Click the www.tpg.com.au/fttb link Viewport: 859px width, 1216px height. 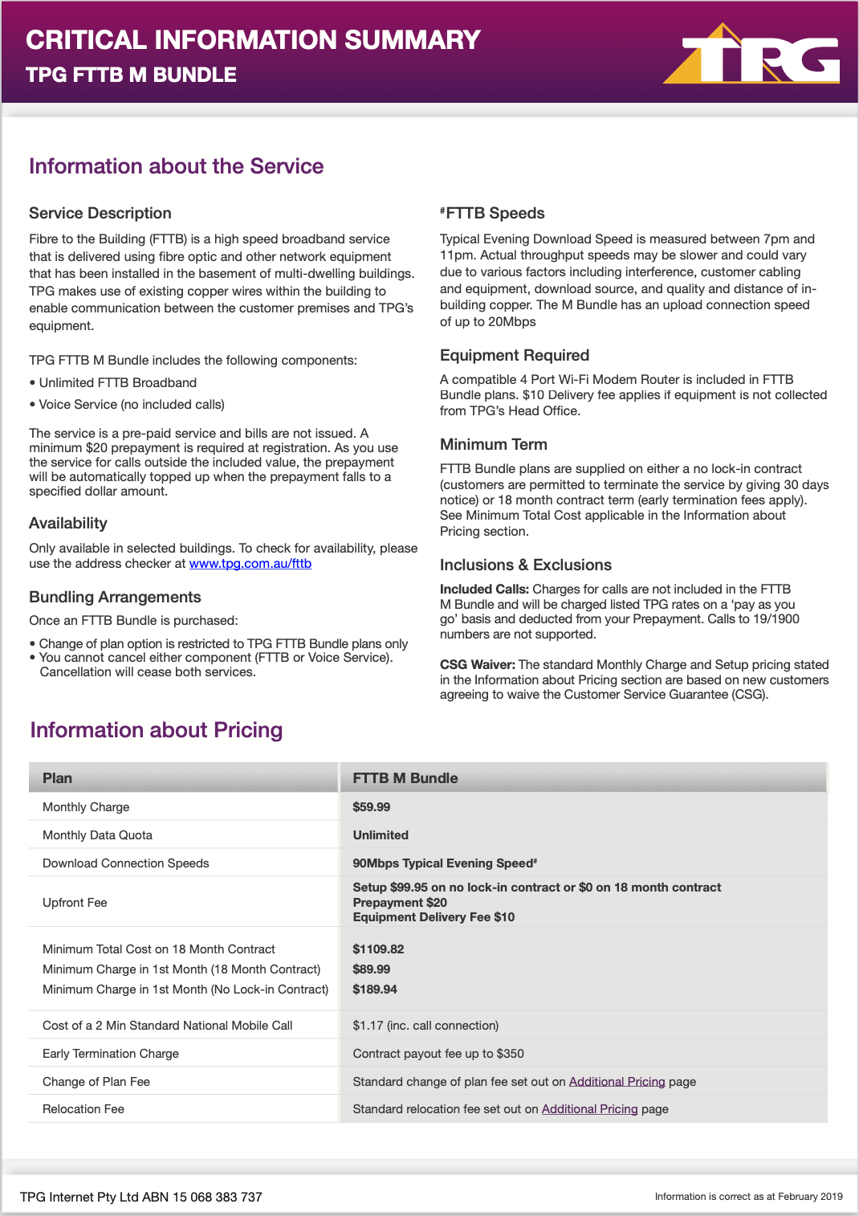click(x=250, y=564)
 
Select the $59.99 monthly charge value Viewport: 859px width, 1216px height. click(x=371, y=807)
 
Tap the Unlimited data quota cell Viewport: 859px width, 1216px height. click(x=381, y=835)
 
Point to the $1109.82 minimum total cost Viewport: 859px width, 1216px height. click(x=378, y=949)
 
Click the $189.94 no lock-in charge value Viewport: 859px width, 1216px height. click(x=375, y=990)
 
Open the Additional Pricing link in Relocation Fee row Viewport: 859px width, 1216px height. click(x=589, y=1109)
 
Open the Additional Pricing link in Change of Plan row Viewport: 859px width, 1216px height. click(x=617, y=1082)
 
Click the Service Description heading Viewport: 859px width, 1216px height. click(x=100, y=214)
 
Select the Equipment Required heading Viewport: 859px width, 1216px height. click(x=515, y=356)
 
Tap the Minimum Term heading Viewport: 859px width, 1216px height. click(x=494, y=445)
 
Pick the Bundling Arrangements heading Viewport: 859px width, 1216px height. click(x=115, y=598)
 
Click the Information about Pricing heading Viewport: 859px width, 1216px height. click(x=157, y=730)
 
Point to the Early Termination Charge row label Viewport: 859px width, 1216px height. click(x=111, y=1054)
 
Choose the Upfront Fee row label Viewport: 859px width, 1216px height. click(x=75, y=903)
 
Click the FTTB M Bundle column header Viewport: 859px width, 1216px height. click(x=405, y=778)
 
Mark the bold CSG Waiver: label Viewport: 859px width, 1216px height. click(x=477, y=665)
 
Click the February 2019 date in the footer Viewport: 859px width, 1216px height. click(x=810, y=1197)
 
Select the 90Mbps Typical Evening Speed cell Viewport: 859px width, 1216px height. click(x=444, y=863)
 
